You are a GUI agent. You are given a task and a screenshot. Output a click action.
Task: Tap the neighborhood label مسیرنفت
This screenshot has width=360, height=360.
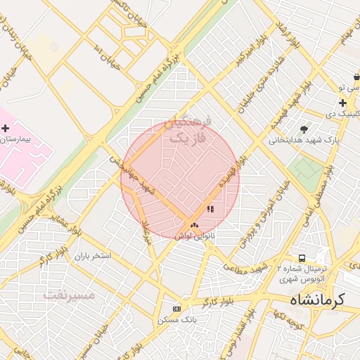coord(69,295)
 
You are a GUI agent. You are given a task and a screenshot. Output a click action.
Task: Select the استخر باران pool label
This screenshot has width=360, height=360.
coord(94,256)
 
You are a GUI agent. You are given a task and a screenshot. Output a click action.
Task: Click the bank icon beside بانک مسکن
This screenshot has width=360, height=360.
coord(176,309)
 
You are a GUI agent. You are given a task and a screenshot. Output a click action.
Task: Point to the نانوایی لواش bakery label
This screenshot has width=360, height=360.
coord(195,237)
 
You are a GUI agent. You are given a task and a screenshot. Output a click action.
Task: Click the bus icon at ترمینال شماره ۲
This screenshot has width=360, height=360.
coord(302,259)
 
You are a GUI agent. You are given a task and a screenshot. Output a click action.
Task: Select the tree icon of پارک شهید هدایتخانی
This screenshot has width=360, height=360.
coord(304,129)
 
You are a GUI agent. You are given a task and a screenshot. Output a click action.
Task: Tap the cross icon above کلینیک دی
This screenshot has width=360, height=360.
coord(342,103)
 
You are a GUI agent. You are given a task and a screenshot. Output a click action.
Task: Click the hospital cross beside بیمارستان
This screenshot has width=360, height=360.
coord(6,128)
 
